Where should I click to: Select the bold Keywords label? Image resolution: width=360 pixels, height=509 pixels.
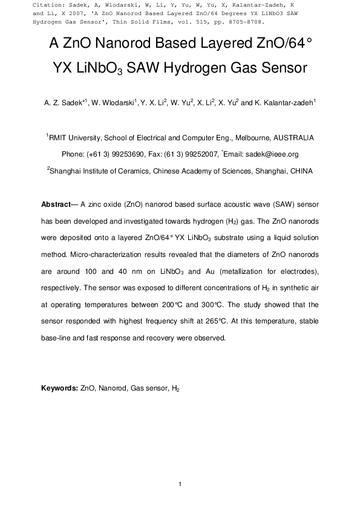60,387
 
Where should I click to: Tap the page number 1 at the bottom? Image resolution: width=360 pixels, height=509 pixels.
180,484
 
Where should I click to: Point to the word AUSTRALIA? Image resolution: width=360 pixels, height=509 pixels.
293,138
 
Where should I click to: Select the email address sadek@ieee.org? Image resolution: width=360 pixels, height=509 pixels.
277,154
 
